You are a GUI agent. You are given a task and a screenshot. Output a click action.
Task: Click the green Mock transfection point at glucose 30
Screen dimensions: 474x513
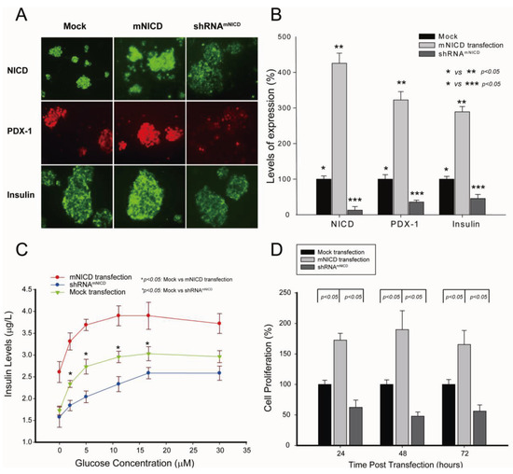coord(219,356)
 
